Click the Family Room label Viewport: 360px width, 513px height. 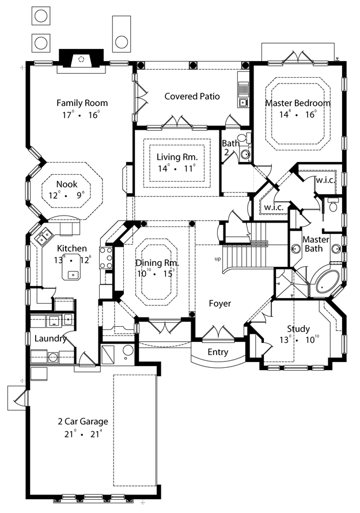point(82,103)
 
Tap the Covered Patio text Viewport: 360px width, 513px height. point(192,96)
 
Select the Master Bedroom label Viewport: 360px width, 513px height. point(298,103)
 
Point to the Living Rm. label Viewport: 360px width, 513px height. point(177,157)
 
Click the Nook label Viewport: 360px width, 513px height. point(67,184)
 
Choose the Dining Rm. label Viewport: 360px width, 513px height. point(157,263)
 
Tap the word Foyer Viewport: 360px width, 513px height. point(219,304)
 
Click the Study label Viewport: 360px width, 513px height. point(298,329)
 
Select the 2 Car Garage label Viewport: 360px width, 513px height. point(83,421)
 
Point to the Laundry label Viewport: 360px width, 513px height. point(50,338)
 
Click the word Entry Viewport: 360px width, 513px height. point(218,352)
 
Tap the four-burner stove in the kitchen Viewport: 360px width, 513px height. point(105,258)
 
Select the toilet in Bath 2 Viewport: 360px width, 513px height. point(244,138)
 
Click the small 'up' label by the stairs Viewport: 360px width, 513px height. point(217,259)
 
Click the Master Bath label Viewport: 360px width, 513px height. point(314,244)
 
